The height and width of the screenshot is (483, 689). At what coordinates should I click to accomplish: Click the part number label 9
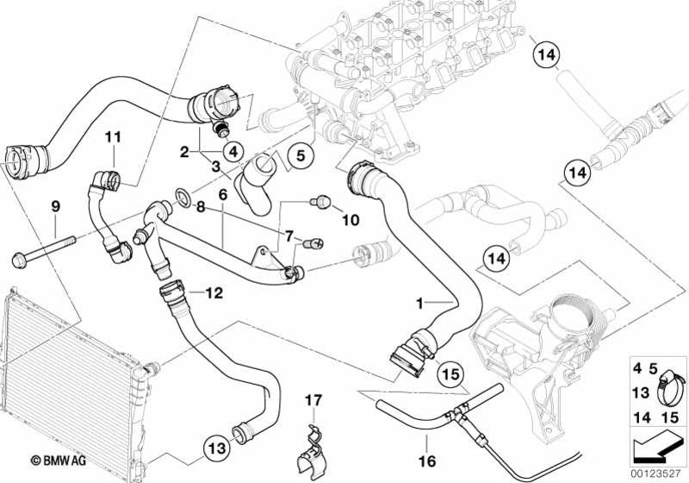[x=55, y=206]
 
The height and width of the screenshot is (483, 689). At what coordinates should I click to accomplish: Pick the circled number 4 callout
[x=232, y=149]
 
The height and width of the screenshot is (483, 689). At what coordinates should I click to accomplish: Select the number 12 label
[x=214, y=293]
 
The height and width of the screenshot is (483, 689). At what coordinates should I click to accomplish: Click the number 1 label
[x=419, y=304]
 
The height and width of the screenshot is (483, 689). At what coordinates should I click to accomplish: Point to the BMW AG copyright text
[x=51, y=461]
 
